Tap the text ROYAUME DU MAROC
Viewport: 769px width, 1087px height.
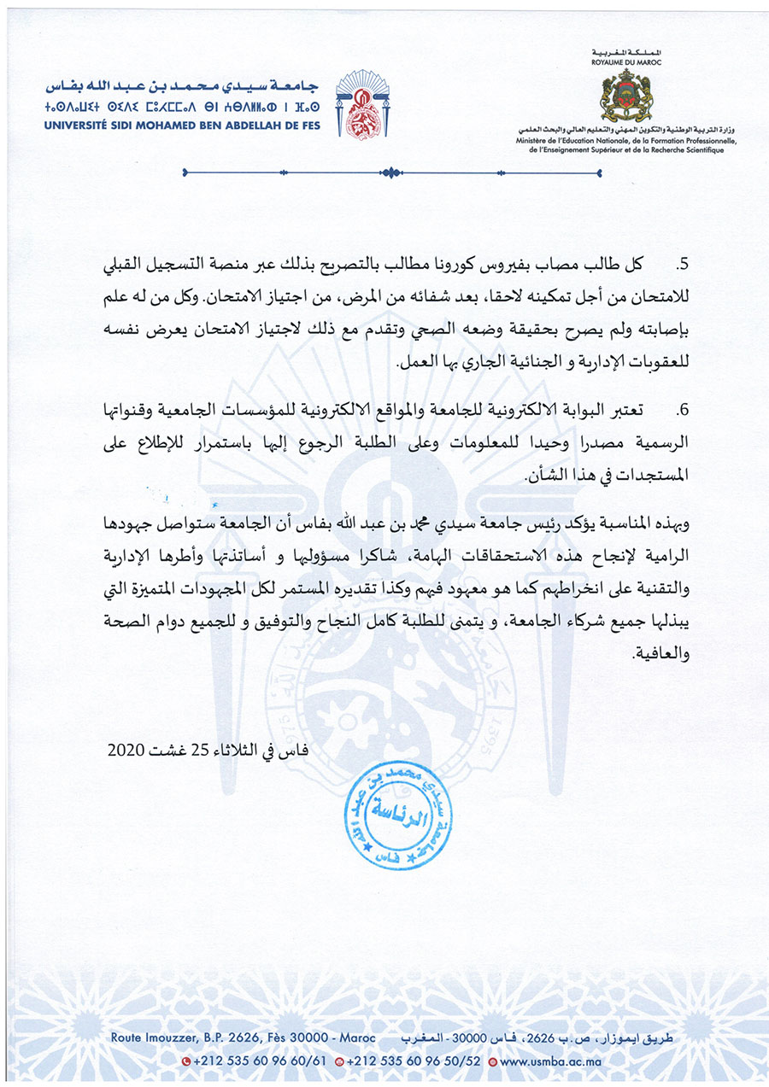click(626, 61)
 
